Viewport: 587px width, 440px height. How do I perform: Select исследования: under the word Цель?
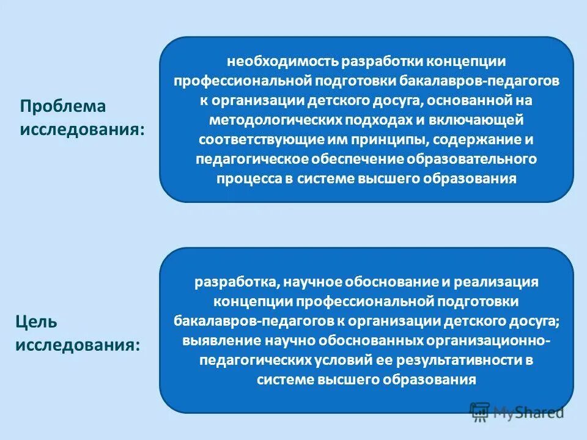pyautogui.click(x=78, y=345)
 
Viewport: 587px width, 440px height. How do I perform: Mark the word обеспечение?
pyautogui.click(x=344, y=159)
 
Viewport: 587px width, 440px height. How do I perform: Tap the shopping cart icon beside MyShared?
pyautogui.click(x=481, y=411)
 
